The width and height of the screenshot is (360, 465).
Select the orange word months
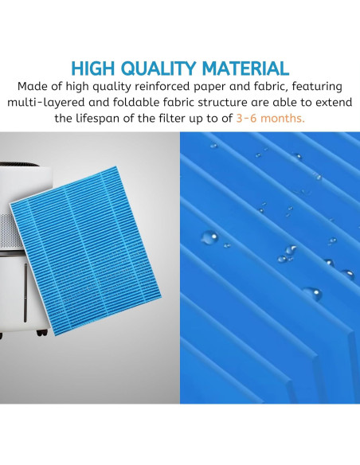coord(288,119)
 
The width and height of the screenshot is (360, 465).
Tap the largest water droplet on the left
coord(209,237)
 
